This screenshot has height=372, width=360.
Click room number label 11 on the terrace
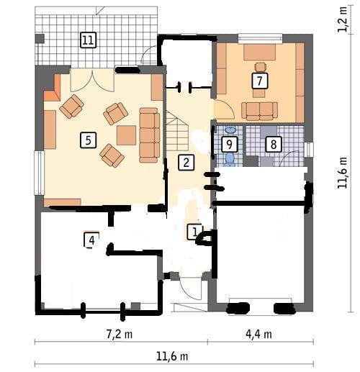[89, 40]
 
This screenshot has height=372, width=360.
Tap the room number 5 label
[89, 140]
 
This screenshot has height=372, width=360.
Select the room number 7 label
[260, 81]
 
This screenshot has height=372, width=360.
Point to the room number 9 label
[229, 145]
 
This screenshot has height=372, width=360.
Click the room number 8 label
[274, 145]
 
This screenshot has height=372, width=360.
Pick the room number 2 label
[186, 163]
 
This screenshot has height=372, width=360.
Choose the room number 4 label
[91, 240]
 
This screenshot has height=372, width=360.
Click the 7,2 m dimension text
[120, 334]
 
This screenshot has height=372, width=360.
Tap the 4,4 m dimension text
[258, 334]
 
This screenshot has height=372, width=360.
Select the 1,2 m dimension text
[342, 19]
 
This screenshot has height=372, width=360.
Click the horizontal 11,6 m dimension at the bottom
[172, 356]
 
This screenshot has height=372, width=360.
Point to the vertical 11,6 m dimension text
[342, 173]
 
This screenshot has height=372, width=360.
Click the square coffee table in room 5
[127, 135]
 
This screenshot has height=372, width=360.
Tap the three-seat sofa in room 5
[150, 135]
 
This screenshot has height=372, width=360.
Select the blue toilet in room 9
[230, 160]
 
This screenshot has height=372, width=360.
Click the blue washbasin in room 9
[230, 130]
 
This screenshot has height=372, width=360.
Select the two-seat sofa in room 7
[260, 111]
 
